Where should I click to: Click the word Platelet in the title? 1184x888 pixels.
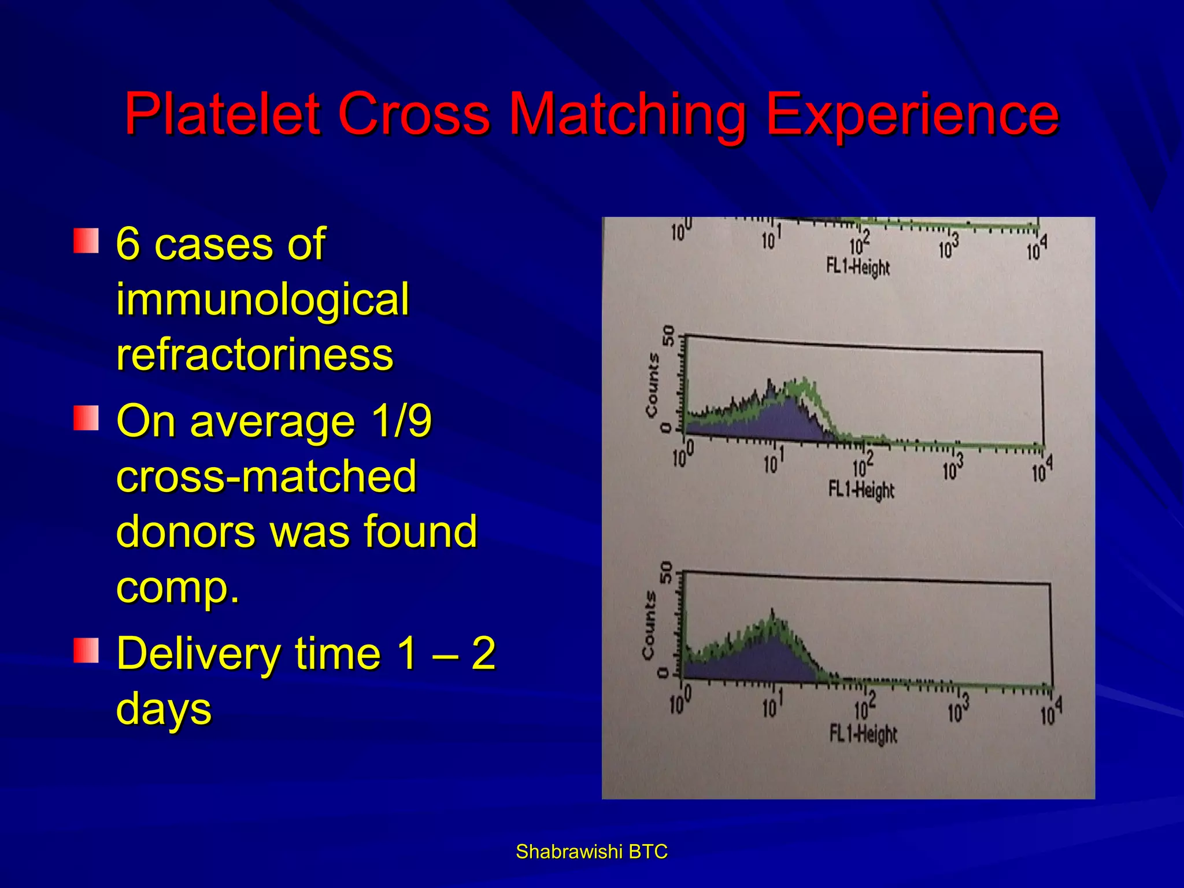[x=223, y=114]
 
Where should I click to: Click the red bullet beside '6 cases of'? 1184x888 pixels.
[x=86, y=240]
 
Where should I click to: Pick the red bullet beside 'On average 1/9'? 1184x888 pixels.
[x=86, y=417]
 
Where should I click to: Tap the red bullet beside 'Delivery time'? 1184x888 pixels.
[x=86, y=650]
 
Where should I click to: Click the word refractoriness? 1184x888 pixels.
[x=254, y=354]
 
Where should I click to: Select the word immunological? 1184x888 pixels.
[x=262, y=299]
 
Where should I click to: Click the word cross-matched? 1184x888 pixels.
[x=266, y=476]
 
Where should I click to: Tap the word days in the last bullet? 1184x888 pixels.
[x=164, y=709]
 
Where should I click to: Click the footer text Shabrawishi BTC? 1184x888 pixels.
[x=591, y=852]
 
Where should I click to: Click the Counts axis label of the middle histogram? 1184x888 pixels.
[x=652, y=384]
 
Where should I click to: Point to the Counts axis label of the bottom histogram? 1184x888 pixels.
[x=649, y=624]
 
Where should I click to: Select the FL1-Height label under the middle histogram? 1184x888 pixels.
[x=861, y=490]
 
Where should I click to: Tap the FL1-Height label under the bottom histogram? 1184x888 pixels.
[x=863, y=734]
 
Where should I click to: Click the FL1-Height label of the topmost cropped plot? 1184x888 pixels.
[x=858, y=267]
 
